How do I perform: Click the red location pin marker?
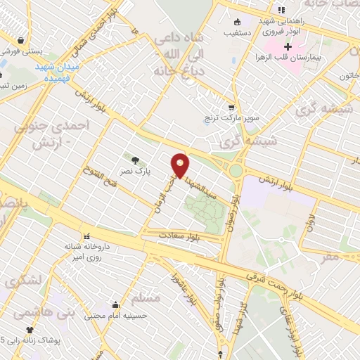click(181, 165)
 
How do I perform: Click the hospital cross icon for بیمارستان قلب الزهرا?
click(288, 45)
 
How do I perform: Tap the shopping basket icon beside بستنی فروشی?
click(20, 41)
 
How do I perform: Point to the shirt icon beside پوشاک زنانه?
click(30, 330)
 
